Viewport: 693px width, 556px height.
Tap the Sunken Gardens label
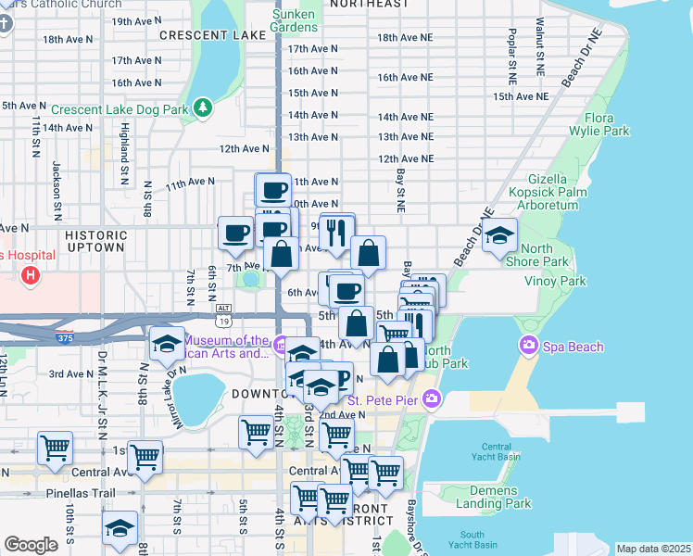point(294,20)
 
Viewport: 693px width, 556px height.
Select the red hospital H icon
point(31,275)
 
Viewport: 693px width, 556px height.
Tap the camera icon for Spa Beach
point(529,347)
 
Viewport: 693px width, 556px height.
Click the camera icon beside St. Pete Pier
point(431,399)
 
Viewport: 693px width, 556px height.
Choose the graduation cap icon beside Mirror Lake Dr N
point(167,343)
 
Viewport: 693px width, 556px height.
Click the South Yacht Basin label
point(472,540)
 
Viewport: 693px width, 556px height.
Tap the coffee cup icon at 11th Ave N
point(273,191)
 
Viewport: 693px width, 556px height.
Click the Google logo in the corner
point(31,545)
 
